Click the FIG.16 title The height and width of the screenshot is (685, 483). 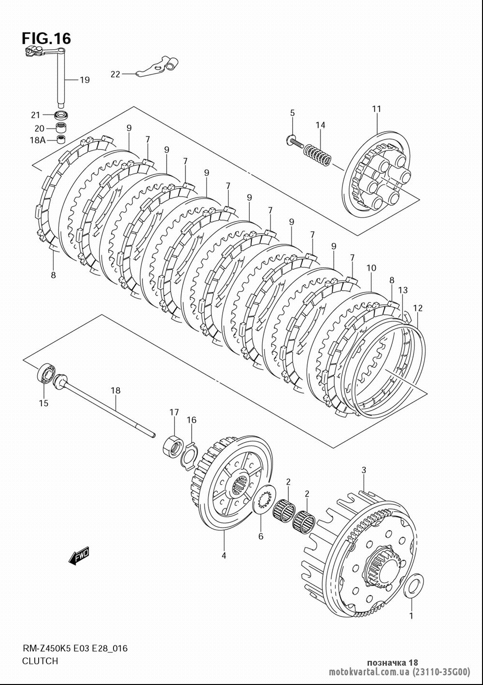click(46, 39)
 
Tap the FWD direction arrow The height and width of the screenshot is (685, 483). click(79, 555)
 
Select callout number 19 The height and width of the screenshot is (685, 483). click(85, 80)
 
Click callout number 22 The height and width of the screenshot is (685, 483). click(115, 74)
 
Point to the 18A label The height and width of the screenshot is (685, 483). click(37, 140)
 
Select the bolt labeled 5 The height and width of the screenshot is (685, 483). click(295, 142)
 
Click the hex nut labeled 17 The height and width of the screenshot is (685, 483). click(173, 447)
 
